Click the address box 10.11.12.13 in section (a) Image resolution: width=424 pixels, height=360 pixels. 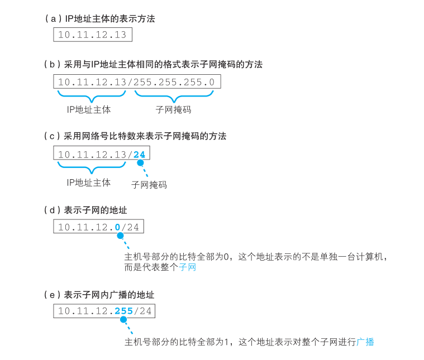pyautogui.click(x=93, y=35)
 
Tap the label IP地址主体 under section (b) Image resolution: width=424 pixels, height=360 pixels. pyautogui.click(x=89, y=109)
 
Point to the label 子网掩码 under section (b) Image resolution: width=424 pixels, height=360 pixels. pyautogui.click(x=173, y=109)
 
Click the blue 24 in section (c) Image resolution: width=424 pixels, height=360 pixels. pyautogui.click(x=139, y=154)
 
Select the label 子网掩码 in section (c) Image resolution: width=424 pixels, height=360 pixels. pyautogui.click(x=149, y=184)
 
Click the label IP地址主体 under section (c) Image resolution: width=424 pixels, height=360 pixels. pyautogui.click(x=89, y=183)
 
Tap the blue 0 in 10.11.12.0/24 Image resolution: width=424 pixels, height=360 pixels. pyautogui.click(x=117, y=227)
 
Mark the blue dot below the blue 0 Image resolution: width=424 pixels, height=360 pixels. pyautogui.click(x=120, y=236)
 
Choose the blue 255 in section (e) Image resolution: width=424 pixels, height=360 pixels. pyautogui.click(x=123, y=311)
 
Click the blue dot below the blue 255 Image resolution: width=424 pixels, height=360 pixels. pyautogui.click(x=123, y=319)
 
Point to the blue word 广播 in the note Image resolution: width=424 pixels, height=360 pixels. pyautogui.click(x=365, y=342)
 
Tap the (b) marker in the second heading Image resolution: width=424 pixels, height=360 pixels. pyautogui.click(x=52, y=64)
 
